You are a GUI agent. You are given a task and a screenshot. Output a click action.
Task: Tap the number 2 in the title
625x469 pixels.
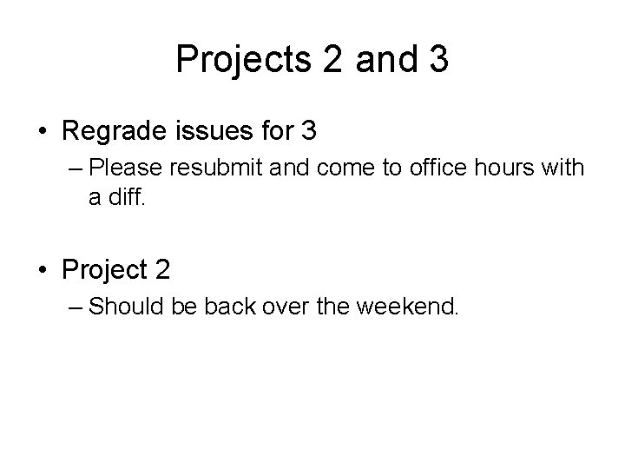click(334, 59)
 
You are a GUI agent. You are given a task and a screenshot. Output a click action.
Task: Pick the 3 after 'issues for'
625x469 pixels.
click(308, 132)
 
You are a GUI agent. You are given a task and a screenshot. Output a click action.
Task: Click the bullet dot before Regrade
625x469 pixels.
click(43, 132)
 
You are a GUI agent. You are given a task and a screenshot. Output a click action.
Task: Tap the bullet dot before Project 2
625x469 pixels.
click(43, 270)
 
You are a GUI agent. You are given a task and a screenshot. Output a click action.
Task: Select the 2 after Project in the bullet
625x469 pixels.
click(162, 270)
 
